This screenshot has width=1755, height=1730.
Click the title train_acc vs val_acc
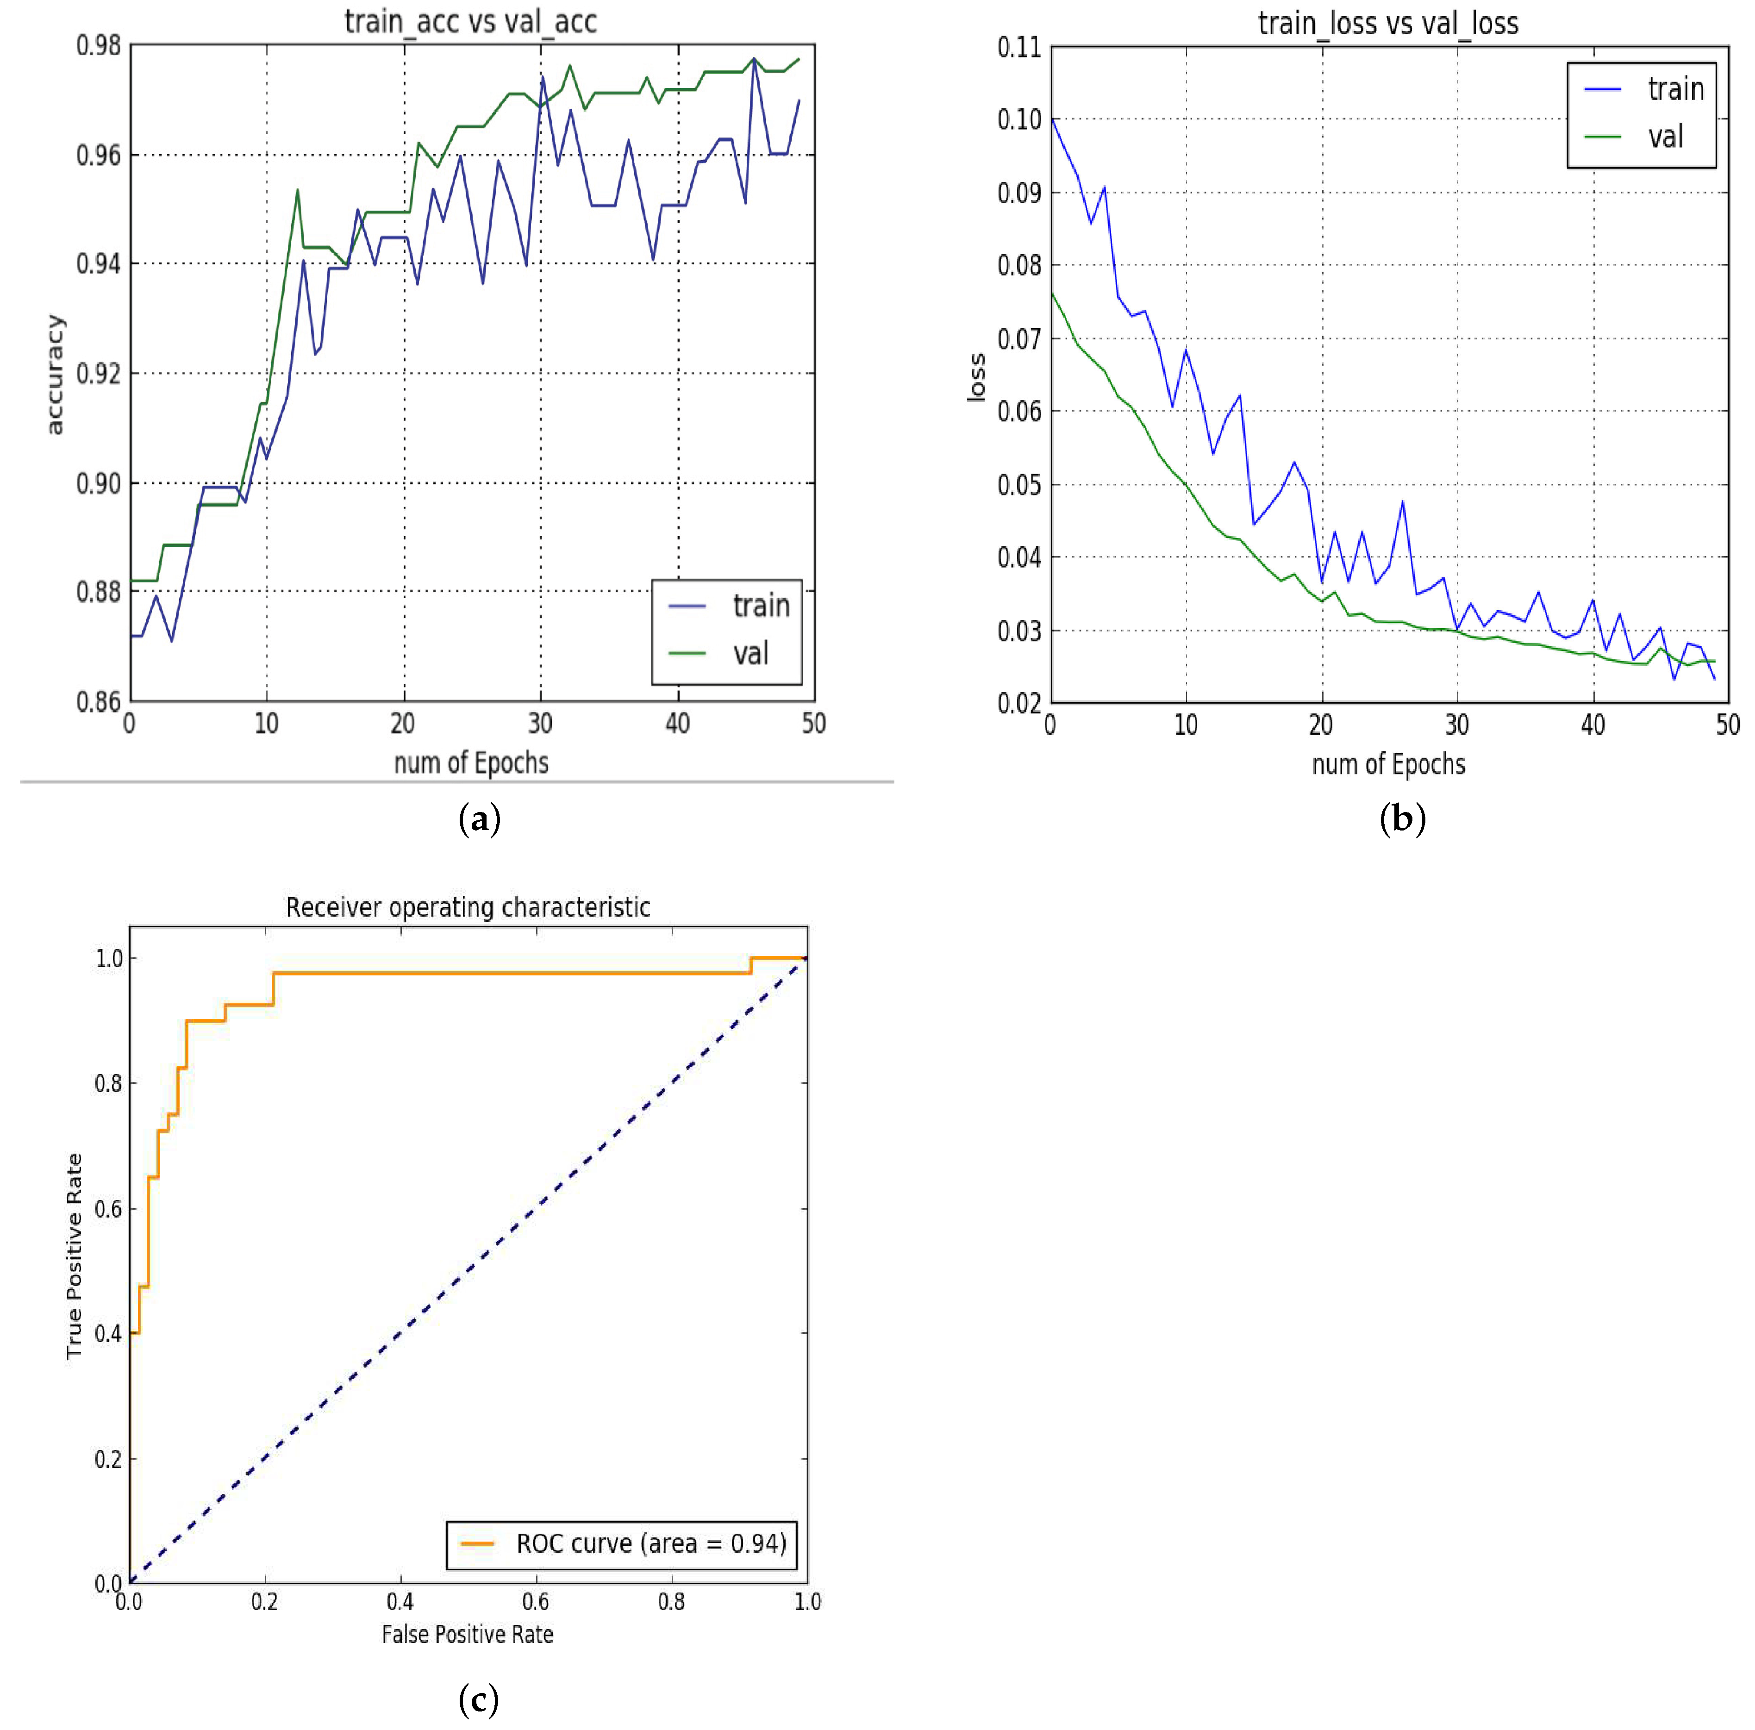(x=470, y=22)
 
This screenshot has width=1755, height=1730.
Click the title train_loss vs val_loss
(x=1388, y=24)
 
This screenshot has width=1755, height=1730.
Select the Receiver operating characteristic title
(x=468, y=907)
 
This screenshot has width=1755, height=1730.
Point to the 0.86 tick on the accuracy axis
(x=98, y=701)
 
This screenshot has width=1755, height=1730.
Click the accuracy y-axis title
(x=55, y=375)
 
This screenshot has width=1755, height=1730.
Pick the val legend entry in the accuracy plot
(x=750, y=653)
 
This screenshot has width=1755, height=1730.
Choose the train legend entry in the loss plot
(x=1675, y=89)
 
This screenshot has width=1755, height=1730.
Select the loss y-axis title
(x=976, y=376)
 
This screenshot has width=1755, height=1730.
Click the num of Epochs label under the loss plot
(x=1388, y=764)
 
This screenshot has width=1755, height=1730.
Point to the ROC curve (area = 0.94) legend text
(x=650, y=1543)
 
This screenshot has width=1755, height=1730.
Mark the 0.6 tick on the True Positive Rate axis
(x=108, y=1208)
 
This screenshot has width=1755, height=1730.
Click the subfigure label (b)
(x=1402, y=818)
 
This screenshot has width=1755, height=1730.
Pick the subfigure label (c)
(x=479, y=1698)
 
